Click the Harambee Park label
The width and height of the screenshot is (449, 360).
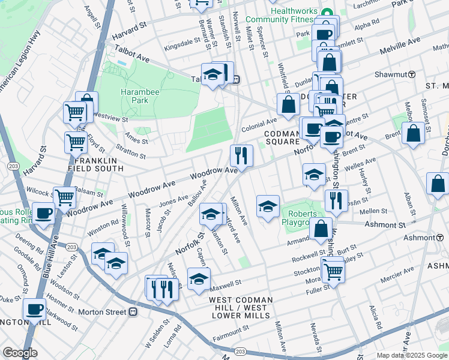(x=134, y=96)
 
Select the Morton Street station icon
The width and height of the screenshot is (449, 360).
(x=133, y=312)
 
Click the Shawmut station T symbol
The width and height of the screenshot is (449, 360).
(x=412, y=74)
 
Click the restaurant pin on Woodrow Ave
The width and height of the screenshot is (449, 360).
(x=241, y=156)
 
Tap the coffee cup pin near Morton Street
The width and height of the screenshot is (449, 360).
(x=35, y=310)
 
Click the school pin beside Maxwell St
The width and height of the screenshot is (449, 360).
(x=199, y=278)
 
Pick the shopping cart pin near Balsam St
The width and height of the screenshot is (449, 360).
(x=64, y=197)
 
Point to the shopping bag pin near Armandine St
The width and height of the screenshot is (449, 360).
(x=321, y=229)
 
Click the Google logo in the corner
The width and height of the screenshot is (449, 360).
(x=20, y=353)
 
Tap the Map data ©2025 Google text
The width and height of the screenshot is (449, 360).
(x=412, y=355)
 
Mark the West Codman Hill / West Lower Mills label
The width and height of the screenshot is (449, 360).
(x=241, y=304)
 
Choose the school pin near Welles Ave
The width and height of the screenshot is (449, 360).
(x=314, y=175)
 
